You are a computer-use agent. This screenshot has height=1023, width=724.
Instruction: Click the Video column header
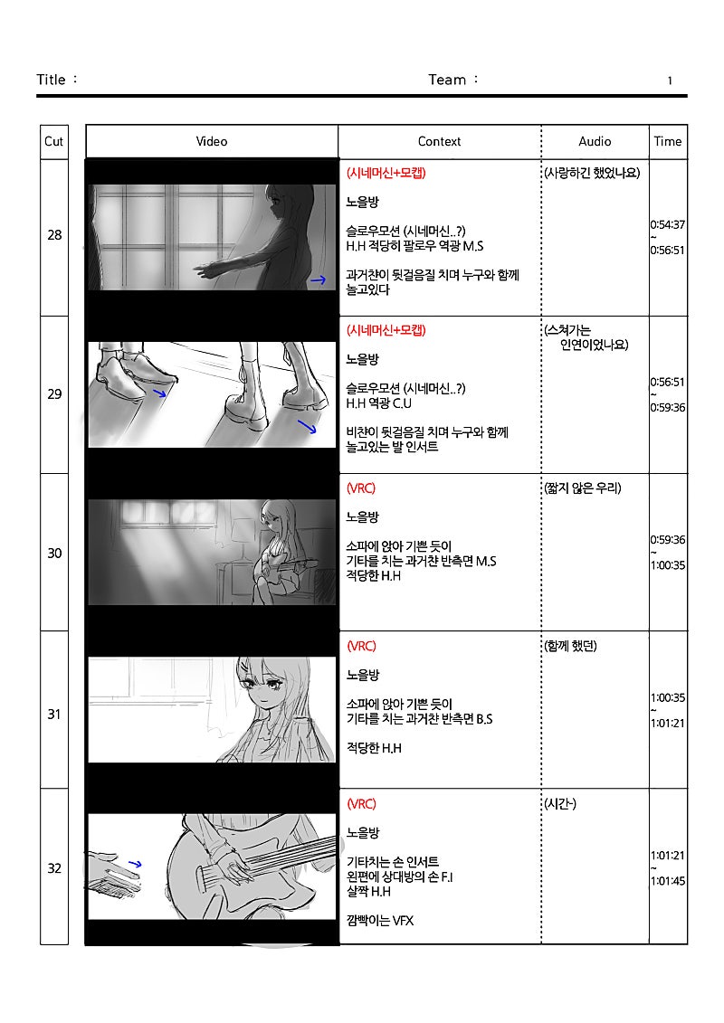[212, 141]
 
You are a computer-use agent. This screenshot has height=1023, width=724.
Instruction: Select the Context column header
[439, 141]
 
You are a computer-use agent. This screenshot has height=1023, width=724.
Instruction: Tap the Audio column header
[595, 141]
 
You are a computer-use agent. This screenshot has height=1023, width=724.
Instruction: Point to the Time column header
[668, 141]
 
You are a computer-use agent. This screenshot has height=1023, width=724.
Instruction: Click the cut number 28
[54, 235]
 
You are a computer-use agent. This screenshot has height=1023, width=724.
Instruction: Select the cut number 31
[54, 715]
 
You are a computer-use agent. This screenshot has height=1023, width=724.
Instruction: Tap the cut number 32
[54, 868]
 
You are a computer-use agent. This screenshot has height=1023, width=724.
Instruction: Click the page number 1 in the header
[670, 81]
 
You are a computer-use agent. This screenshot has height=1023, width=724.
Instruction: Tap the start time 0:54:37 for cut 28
[667, 224]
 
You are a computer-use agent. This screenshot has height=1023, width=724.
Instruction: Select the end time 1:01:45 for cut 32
[668, 881]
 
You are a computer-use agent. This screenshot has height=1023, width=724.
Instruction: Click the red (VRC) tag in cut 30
[361, 488]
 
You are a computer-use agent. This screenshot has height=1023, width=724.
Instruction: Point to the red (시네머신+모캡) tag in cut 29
[386, 330]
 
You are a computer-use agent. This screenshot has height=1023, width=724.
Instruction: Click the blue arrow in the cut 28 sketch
[318, 280]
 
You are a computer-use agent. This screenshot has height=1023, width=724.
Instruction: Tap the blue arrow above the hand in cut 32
[135, 865]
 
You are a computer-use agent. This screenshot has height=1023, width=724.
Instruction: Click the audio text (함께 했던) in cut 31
[570, 646]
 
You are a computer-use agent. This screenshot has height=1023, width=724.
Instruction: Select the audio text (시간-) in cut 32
[560, 804]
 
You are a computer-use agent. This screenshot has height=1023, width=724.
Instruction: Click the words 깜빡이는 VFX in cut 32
[380, 921]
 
